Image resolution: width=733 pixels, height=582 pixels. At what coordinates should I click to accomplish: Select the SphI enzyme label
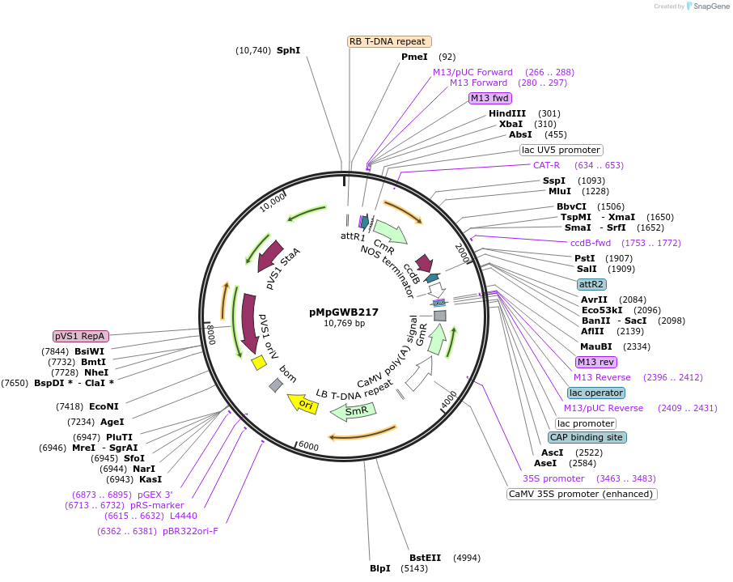coord(288,50)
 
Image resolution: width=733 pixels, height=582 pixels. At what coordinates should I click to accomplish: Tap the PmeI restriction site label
coord(414,57)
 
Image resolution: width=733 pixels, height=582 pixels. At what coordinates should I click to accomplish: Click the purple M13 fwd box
coord(490,99)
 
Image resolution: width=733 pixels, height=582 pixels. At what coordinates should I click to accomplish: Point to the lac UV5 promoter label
coord(561,150)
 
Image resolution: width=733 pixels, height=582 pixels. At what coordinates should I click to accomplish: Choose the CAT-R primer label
coord(546,165)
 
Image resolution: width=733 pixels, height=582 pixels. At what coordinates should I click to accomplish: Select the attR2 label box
coord(591,284)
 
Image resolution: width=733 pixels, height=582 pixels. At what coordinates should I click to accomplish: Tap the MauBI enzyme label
coord(596,346)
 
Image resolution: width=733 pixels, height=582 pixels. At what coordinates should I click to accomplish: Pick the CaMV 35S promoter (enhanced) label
coord(582,494)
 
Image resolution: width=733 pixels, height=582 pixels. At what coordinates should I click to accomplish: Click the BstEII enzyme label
coord(425,558)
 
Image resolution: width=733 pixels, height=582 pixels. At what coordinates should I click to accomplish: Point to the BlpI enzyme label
coord(380,568)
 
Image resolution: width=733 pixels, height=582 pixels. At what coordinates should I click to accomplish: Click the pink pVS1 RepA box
coord(81,336)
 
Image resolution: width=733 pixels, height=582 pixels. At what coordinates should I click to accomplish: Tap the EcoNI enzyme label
coord(104,406)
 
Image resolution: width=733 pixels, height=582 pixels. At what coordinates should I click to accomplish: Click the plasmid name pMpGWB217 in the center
coord(344,312)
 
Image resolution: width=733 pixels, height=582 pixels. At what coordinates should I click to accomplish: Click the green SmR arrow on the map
coord(354,411)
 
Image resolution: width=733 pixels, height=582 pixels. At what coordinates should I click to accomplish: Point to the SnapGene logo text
coord(710,6)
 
